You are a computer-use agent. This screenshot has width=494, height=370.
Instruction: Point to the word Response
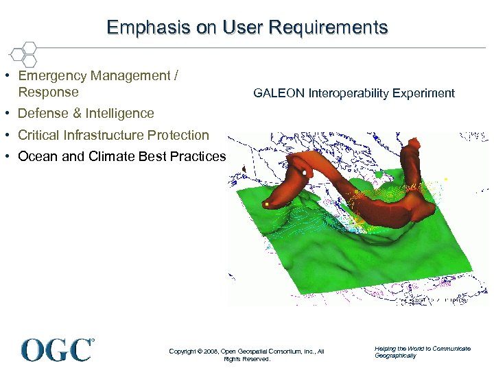pyautogui.click(x=48, y=92)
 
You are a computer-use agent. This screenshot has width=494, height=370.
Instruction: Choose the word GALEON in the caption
pyautogui.click(x=279, y=93)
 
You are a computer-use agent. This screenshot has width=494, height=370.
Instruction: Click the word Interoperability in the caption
pyautogui.click(x=355, y=93)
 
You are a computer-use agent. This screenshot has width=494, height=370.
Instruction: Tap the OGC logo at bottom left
pyautogui.click(x=58, y=349)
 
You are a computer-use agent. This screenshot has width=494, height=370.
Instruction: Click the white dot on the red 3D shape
pyautogui.click(x=304, y=174)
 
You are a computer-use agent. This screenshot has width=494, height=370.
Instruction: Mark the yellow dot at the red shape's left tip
pyautogui.click(x=266, y=204)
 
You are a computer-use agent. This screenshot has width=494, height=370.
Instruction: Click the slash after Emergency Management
pyautogui.click(x=175, y=76)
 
